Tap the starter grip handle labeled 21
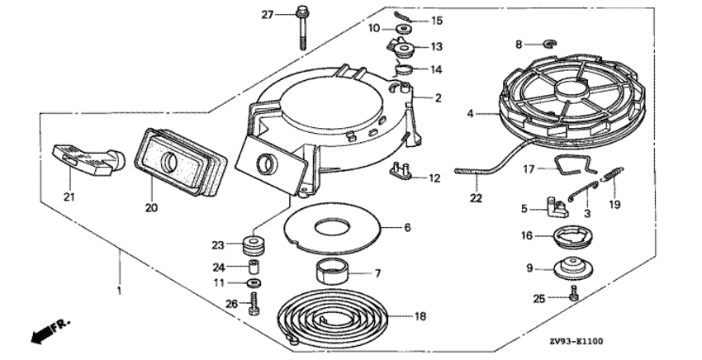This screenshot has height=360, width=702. pos(88,159)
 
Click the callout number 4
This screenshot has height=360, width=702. pos(470,114)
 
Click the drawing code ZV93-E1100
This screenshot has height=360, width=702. pos(576,342)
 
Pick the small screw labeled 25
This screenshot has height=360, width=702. pos(574,294)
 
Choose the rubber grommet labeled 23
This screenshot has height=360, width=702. pos(254,245)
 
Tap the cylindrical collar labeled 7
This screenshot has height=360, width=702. pos(332,272)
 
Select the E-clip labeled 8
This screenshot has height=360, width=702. pos(550,44)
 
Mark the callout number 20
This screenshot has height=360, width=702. pos(152,208)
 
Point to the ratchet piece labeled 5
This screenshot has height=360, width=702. pos(557,207)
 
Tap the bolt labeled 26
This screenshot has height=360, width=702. pos(254,303)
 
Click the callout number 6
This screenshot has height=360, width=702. pos(407,227)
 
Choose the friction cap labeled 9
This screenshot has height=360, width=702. pos(574,267)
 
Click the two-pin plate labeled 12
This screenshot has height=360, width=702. pos(401,172)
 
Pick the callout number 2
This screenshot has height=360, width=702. pos(438,97)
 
